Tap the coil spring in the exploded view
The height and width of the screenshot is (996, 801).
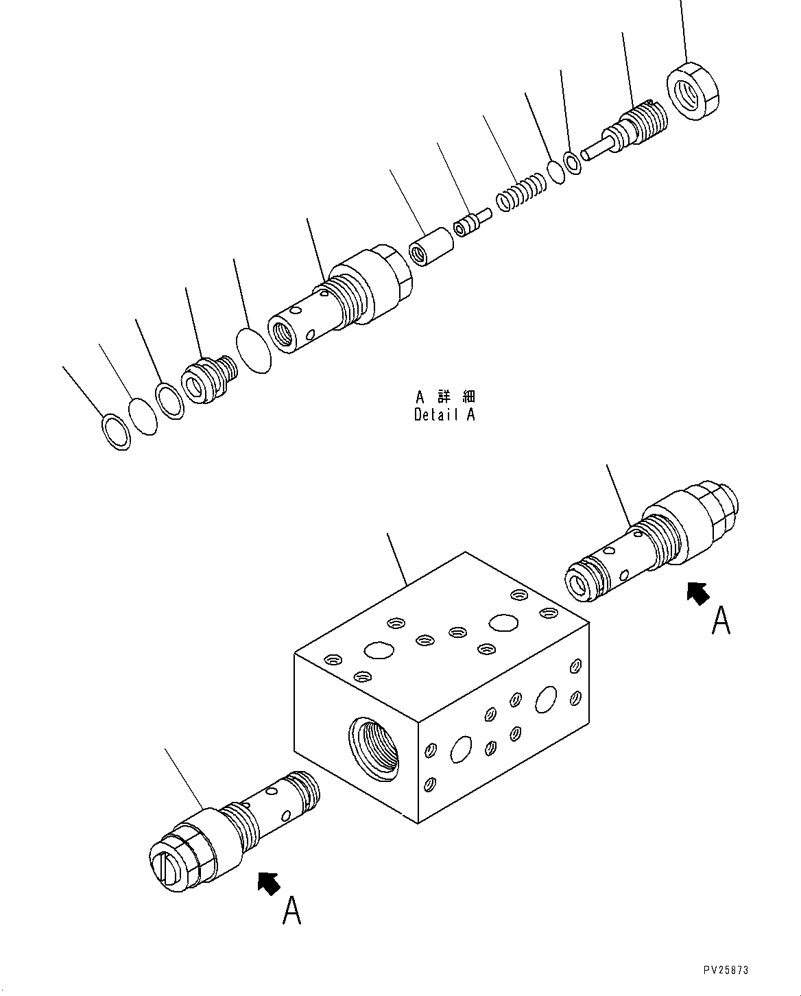pos(521,193)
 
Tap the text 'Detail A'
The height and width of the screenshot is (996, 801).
pos(444,414)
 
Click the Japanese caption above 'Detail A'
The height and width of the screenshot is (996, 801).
pos(444,396)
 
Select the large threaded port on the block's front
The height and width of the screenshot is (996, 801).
pos(374,747)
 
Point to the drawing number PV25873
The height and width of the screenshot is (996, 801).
pos(726,970)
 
